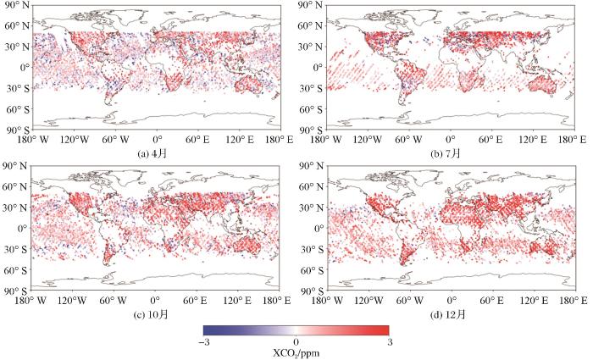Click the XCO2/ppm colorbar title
coord(296,352)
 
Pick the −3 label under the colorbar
coord(204,341)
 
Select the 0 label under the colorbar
coord(296,341)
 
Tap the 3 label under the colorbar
coord(388,341)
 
